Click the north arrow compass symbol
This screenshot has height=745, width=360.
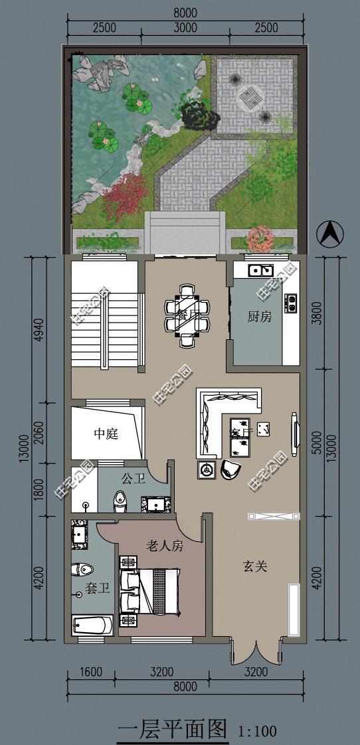(x=331, y=233)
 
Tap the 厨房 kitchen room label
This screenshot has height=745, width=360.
(x=260, y=317)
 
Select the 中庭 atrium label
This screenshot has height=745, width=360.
(x=106, y=434)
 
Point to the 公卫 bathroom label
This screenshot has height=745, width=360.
(x=133, y=478)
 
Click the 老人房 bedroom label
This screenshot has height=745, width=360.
(x=164, y=546)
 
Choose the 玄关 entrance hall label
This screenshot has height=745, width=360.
(x=254, y=566)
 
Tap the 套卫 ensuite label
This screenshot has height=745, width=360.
(x=97, y=588)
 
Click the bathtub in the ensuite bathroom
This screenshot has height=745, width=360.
(x=92, y=625)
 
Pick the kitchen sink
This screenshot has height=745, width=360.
(x=259, y=270)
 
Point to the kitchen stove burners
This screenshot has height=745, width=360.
(x=290, y=303)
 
